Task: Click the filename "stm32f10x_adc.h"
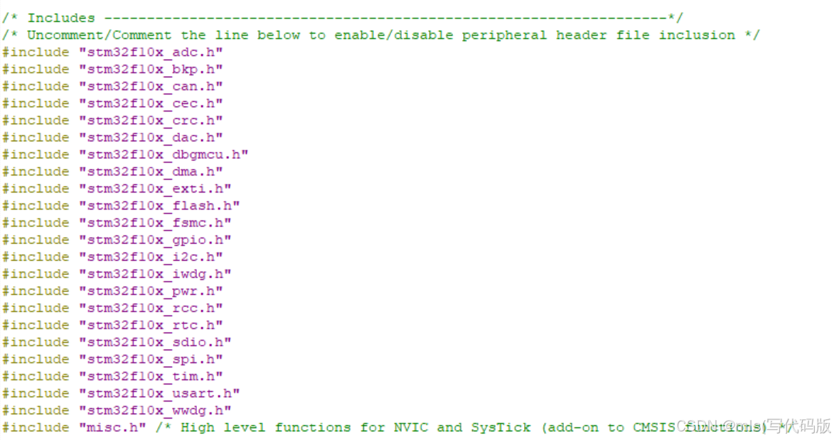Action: [x=151, y=52]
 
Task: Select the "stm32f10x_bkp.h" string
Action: [x=151, y=69]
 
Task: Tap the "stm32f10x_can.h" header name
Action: [x=151, y=86]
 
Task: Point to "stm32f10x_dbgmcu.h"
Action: [x=164, y=154]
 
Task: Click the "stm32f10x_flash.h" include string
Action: [x=159, y=205]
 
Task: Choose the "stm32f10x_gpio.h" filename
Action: [x=155, y=240]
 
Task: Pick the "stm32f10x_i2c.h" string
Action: [x=151, y=257]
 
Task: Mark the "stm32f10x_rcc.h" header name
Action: [x=151, y=308]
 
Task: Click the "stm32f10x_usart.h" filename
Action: [x=159, y=393]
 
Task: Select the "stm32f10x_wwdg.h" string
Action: [x=155, y=410]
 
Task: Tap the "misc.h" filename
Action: [x=112, y=427]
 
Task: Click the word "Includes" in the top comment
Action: [x=61, y=18]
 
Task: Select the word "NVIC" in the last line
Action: [x=410, y=427]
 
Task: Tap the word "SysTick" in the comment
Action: [x=501, y=427]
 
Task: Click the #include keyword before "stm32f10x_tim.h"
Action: [x=36, y=376]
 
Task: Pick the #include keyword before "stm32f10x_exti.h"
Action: [x=36, y=188]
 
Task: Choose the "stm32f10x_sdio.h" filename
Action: [x=155, y=342]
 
